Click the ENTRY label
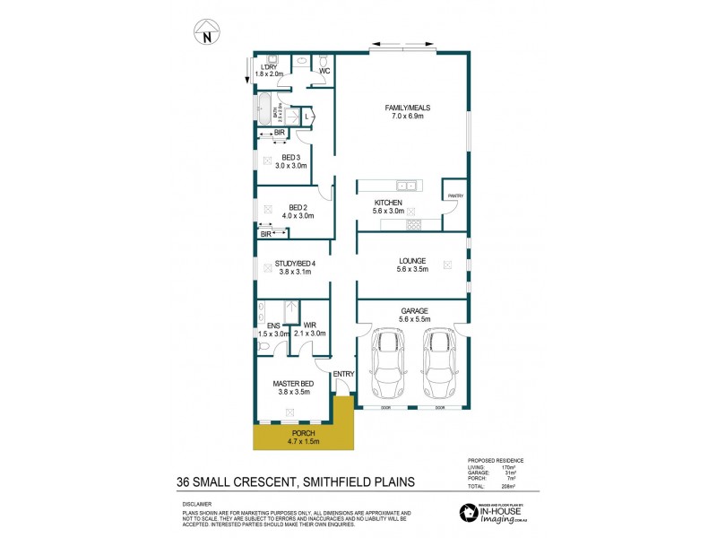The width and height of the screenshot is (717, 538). (343, 374)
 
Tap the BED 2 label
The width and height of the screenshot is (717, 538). (297, 211)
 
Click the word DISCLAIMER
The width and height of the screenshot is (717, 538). (195, 504)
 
